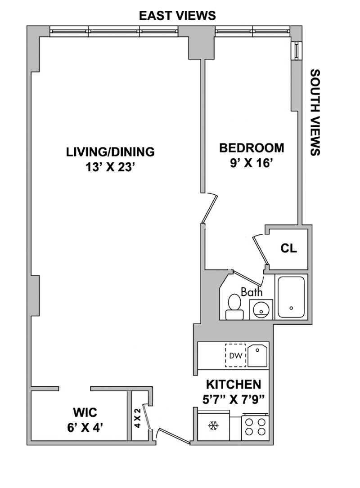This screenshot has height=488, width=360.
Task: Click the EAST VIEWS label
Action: (177, 16)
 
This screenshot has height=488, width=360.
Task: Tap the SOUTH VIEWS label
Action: (315, 112)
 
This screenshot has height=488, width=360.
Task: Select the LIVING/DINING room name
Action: (110, 152)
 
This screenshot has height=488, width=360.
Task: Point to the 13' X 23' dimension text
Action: (110, 167)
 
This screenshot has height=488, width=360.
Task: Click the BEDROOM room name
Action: (252, 148)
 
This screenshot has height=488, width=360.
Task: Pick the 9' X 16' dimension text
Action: (252, 163)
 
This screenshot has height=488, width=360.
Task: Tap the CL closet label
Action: (289, 248)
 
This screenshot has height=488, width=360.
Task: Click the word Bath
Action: (252, 292)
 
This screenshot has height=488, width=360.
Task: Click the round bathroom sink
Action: (261, 310)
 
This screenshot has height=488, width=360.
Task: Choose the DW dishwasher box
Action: (236, 355)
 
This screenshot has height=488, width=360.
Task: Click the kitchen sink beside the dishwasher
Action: (257, 355)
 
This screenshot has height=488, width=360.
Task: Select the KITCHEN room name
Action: (234, 385)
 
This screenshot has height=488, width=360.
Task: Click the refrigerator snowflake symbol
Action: (213, 425)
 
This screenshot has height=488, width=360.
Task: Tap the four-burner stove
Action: (255, 427)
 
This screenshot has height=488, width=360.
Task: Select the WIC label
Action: (85, 413)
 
